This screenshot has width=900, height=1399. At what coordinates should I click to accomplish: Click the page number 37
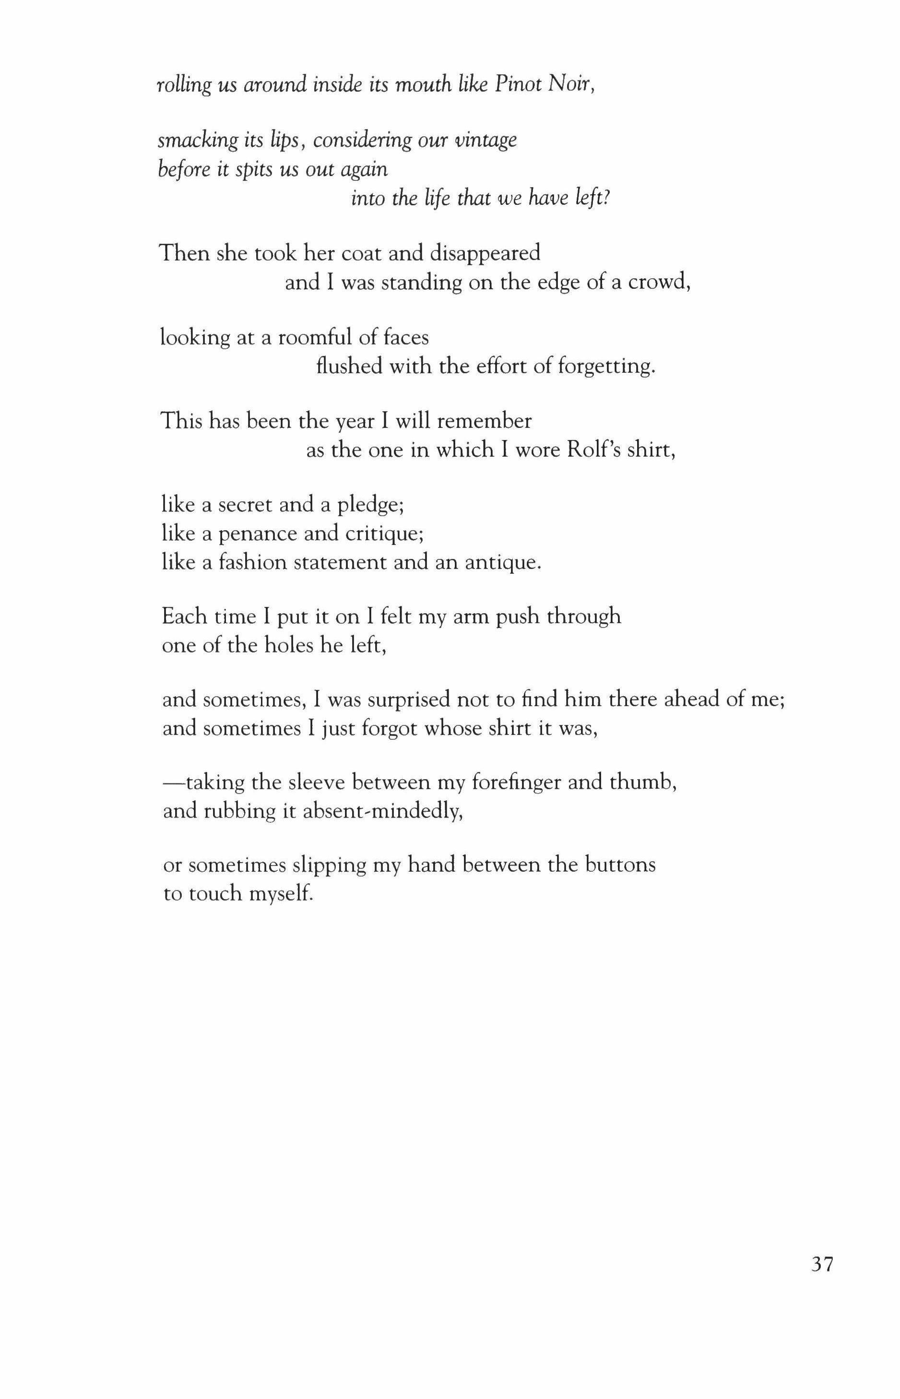822,1264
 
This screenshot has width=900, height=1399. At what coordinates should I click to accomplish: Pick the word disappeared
485,253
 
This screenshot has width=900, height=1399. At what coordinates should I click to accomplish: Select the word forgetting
605,367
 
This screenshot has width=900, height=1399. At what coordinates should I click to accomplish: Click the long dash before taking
174,782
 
